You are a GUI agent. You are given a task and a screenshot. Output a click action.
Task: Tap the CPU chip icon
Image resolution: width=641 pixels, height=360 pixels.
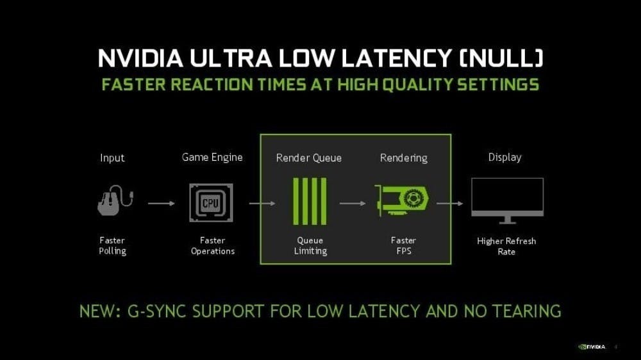coord(211,202)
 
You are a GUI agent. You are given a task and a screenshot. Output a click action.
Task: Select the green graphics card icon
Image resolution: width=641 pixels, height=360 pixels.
coord(402,200)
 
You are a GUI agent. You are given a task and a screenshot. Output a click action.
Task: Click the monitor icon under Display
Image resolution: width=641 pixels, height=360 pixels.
coord(507,200)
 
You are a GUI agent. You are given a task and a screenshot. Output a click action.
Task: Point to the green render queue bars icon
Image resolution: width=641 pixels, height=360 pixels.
coord(310,201)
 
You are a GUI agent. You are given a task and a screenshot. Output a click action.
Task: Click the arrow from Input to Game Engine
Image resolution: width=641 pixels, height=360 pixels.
coord(161,203)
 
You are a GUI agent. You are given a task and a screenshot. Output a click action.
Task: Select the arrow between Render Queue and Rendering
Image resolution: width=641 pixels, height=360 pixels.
coord(353,203)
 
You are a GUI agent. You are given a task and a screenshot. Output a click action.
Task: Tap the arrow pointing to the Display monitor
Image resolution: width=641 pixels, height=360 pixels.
coord(450,203)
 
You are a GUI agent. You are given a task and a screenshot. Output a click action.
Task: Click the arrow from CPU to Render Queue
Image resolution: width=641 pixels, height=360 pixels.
coord(262,203)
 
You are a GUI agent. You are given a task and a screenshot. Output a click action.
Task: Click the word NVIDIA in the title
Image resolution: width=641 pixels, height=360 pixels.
coord(140,58)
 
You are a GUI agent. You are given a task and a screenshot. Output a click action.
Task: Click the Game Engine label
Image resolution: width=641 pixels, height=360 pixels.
coord(212,158)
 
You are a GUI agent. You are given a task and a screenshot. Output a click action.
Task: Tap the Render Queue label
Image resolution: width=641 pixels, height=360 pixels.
coord(309,158)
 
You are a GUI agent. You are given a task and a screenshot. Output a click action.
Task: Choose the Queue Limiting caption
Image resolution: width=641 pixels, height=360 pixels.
coord(310,246)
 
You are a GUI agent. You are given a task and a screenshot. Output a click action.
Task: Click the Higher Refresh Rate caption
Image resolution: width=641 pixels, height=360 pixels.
coord(506,247)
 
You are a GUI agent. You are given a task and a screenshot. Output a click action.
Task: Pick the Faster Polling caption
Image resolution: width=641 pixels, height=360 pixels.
coord(112,245)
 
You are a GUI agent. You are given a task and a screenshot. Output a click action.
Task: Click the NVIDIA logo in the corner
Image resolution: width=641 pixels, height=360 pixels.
coord(592,347)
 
